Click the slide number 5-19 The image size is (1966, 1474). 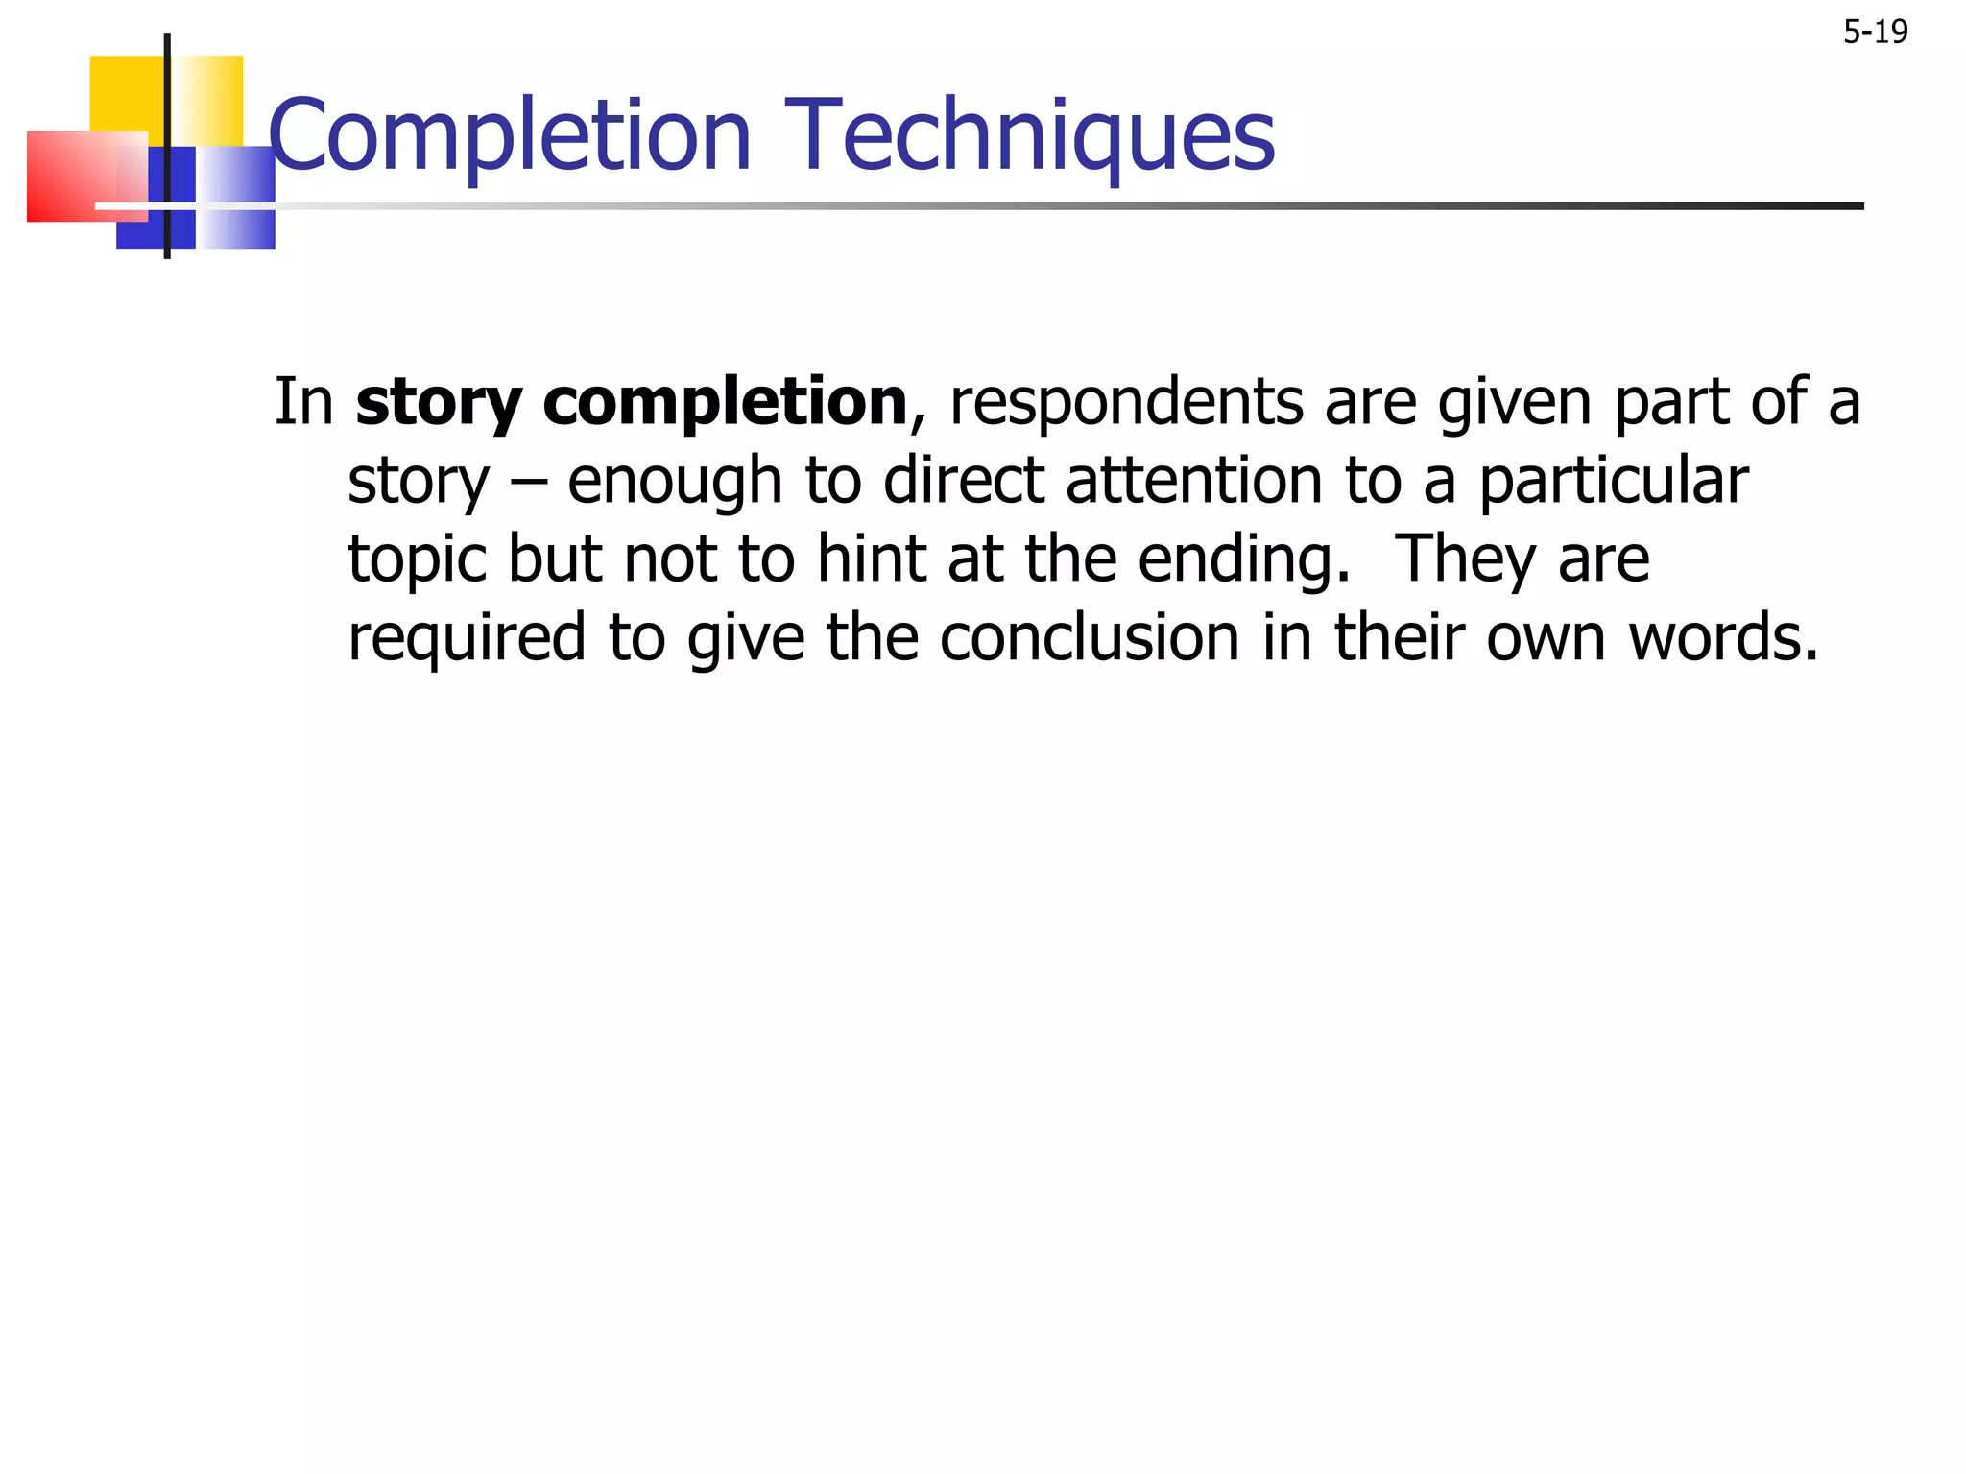point(1875,33)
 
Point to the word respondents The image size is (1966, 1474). point(1126,401)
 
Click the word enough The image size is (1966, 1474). point(675,482)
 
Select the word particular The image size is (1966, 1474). point(1613,482)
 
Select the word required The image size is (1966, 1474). point(467,639)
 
